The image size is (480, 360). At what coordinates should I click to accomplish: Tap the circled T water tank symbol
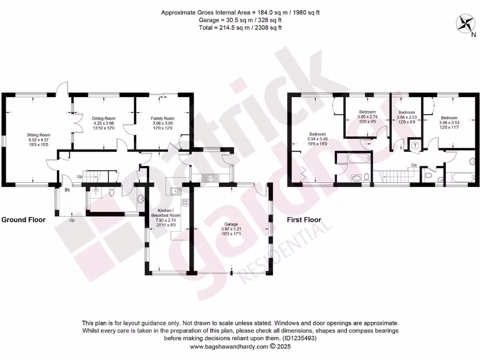415,145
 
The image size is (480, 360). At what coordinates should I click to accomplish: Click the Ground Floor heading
23,219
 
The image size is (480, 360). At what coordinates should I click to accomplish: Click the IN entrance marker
67,190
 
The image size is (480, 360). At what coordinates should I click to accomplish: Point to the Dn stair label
414,165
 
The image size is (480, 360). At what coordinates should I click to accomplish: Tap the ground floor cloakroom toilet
111,192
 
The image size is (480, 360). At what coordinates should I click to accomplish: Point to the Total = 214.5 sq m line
240,28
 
